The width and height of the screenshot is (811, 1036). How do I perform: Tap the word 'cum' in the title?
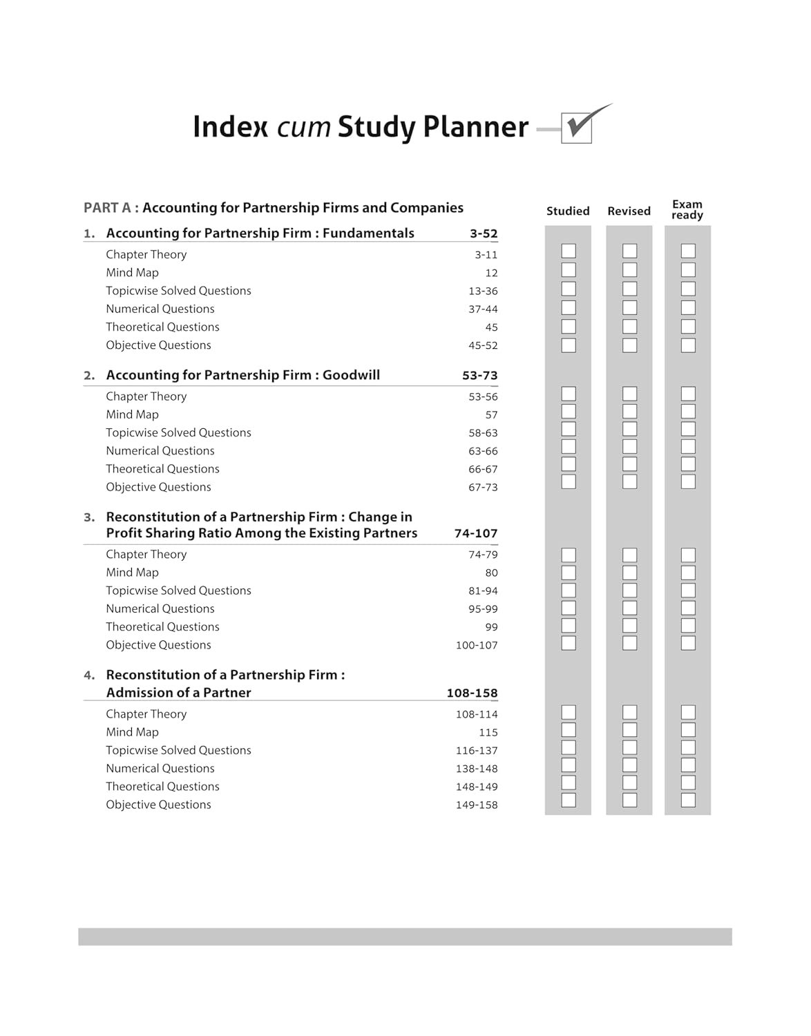coord(303,128)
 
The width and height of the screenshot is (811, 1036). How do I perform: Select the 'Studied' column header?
coord(568,211)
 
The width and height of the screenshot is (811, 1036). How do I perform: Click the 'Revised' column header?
coord(629,211)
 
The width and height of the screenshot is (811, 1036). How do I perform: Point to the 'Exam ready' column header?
coord(687,209)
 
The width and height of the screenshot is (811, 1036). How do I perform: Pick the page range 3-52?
coord(484,233)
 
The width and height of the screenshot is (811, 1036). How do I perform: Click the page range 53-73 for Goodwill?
coord(480,376)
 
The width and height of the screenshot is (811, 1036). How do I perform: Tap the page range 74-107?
coord(476,533)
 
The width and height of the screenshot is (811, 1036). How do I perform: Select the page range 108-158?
coord(472,693)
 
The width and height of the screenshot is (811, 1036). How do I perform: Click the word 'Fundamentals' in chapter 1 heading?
coord(368,233)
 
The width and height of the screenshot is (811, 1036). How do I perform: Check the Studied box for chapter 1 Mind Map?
coord(569,270)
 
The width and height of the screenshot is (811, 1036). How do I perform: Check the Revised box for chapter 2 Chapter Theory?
coord(629,394)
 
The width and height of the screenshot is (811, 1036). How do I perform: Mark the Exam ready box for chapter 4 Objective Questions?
coord(688,800)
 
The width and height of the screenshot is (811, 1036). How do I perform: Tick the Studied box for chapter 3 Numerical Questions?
coord(569,608)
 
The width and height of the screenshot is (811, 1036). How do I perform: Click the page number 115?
coord(488,732)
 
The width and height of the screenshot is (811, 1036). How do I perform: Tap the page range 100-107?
coord(477,645)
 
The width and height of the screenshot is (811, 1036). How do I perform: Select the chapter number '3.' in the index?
coord(89,517)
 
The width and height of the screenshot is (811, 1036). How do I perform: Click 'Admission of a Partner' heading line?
coord(178,693)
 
